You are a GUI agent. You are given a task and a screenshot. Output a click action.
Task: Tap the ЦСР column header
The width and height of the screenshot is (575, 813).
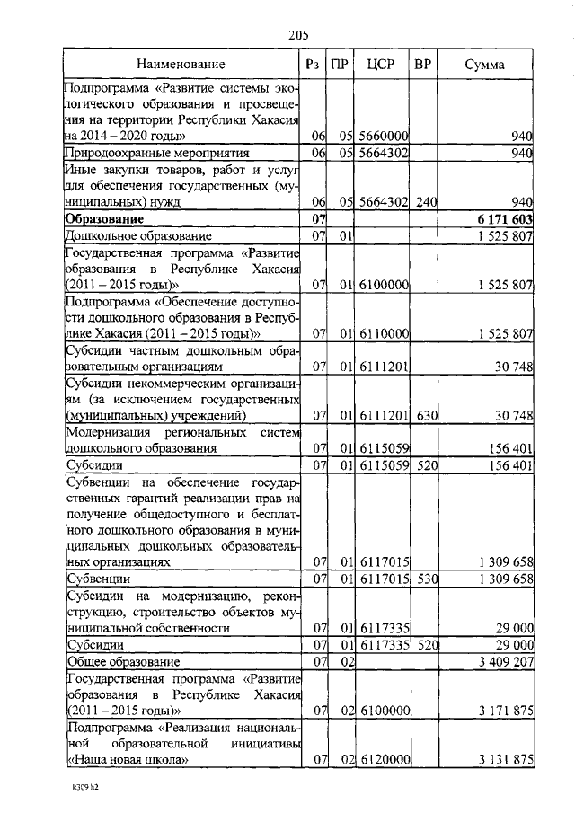pyautogui.click(x=379, y=65)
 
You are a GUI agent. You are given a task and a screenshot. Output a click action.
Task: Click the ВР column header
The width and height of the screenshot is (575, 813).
pyautogui.click(x=422, y=65)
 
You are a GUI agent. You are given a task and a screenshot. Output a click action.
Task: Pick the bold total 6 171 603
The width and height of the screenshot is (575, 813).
pyautogui.click(x=505, y=219)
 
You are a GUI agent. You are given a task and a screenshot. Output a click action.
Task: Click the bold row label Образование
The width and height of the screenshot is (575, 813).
pyautogui.click(x=105, y=219)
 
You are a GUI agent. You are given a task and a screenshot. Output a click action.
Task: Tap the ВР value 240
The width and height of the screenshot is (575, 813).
pyautogui.click(x=425, y=203)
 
